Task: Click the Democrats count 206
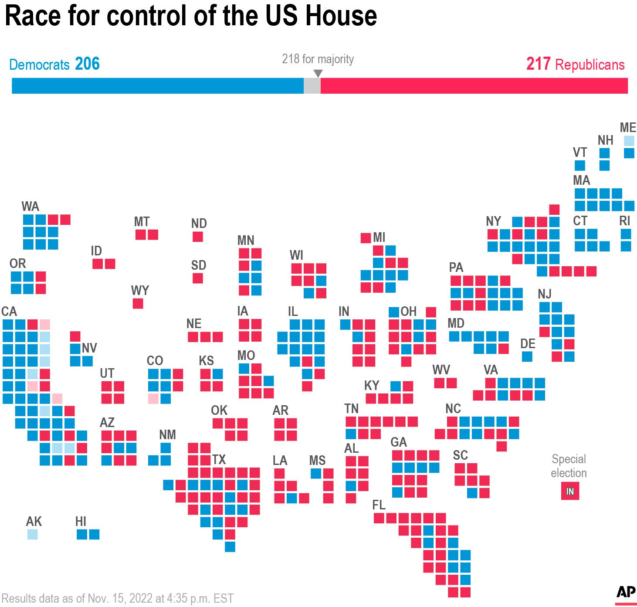pos(87,64)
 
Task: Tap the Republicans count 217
pos(538,64)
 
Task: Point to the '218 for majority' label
pos(318,59)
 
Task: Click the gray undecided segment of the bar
pos(312,86)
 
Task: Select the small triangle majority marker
pos(318,73)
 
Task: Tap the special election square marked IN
pos(570,492)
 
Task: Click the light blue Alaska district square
pos(32,534)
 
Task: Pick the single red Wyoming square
pos(138,304)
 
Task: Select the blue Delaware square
pos(527,356)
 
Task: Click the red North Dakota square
pos(198,237)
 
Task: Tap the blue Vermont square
pos(580,166)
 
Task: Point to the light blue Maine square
pos(629,141)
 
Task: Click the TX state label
pos(219,460)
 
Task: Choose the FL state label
pos(379,505)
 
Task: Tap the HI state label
pos(81,522)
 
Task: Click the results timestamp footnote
pos(118,598)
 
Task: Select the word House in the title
pos(340,16)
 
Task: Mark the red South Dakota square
pos(198,278)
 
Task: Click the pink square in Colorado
pos(153,398)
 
